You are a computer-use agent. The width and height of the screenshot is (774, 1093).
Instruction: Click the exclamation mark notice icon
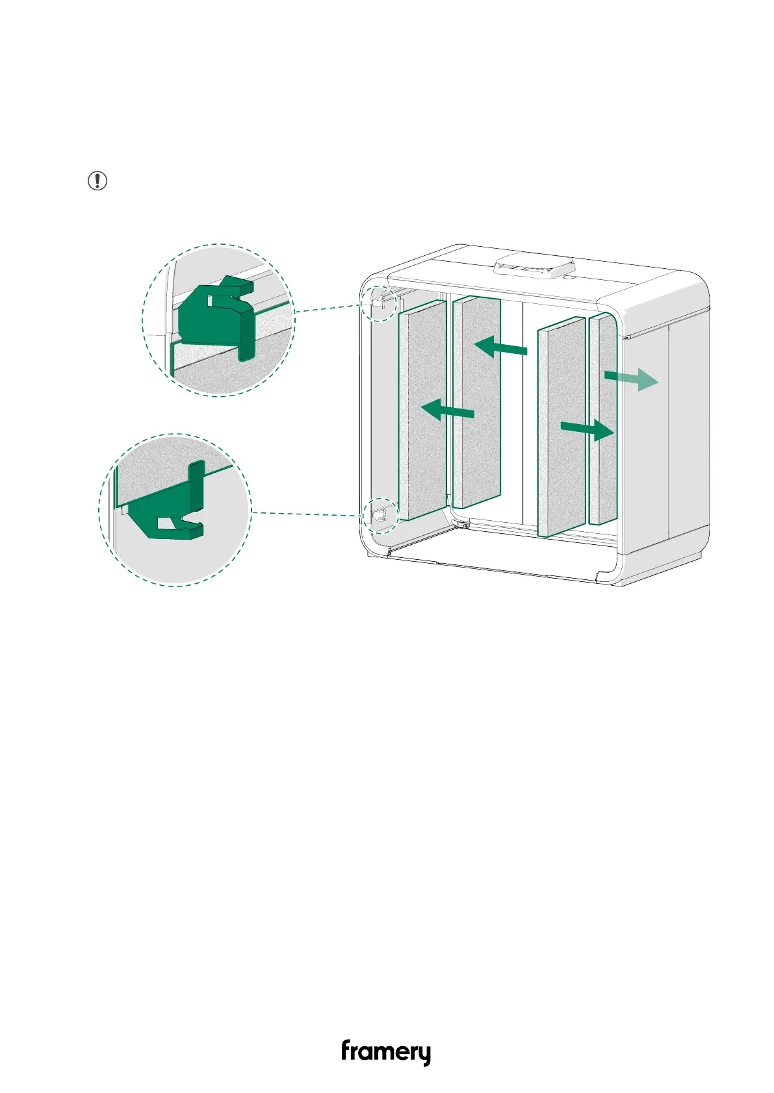click(x=97, y=181)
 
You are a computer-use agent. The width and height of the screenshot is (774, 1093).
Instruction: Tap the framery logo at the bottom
click(x=386, y=1051)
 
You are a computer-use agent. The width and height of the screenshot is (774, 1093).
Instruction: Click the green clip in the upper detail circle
click(x=214, y=316)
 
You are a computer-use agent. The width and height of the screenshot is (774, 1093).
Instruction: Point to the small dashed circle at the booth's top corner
click(x=378, y=302)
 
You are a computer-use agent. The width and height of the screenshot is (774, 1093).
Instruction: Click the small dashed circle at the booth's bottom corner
click(x=380, y=515)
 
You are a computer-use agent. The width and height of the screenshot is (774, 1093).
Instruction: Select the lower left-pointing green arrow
click(x=448, y=410)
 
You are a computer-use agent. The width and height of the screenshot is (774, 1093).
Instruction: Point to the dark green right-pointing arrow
click(x=587, y=429)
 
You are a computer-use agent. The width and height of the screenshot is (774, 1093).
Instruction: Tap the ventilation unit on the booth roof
click(x=534, y=266)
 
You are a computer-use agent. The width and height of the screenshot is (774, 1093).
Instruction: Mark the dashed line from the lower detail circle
click(x=305, y=514)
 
